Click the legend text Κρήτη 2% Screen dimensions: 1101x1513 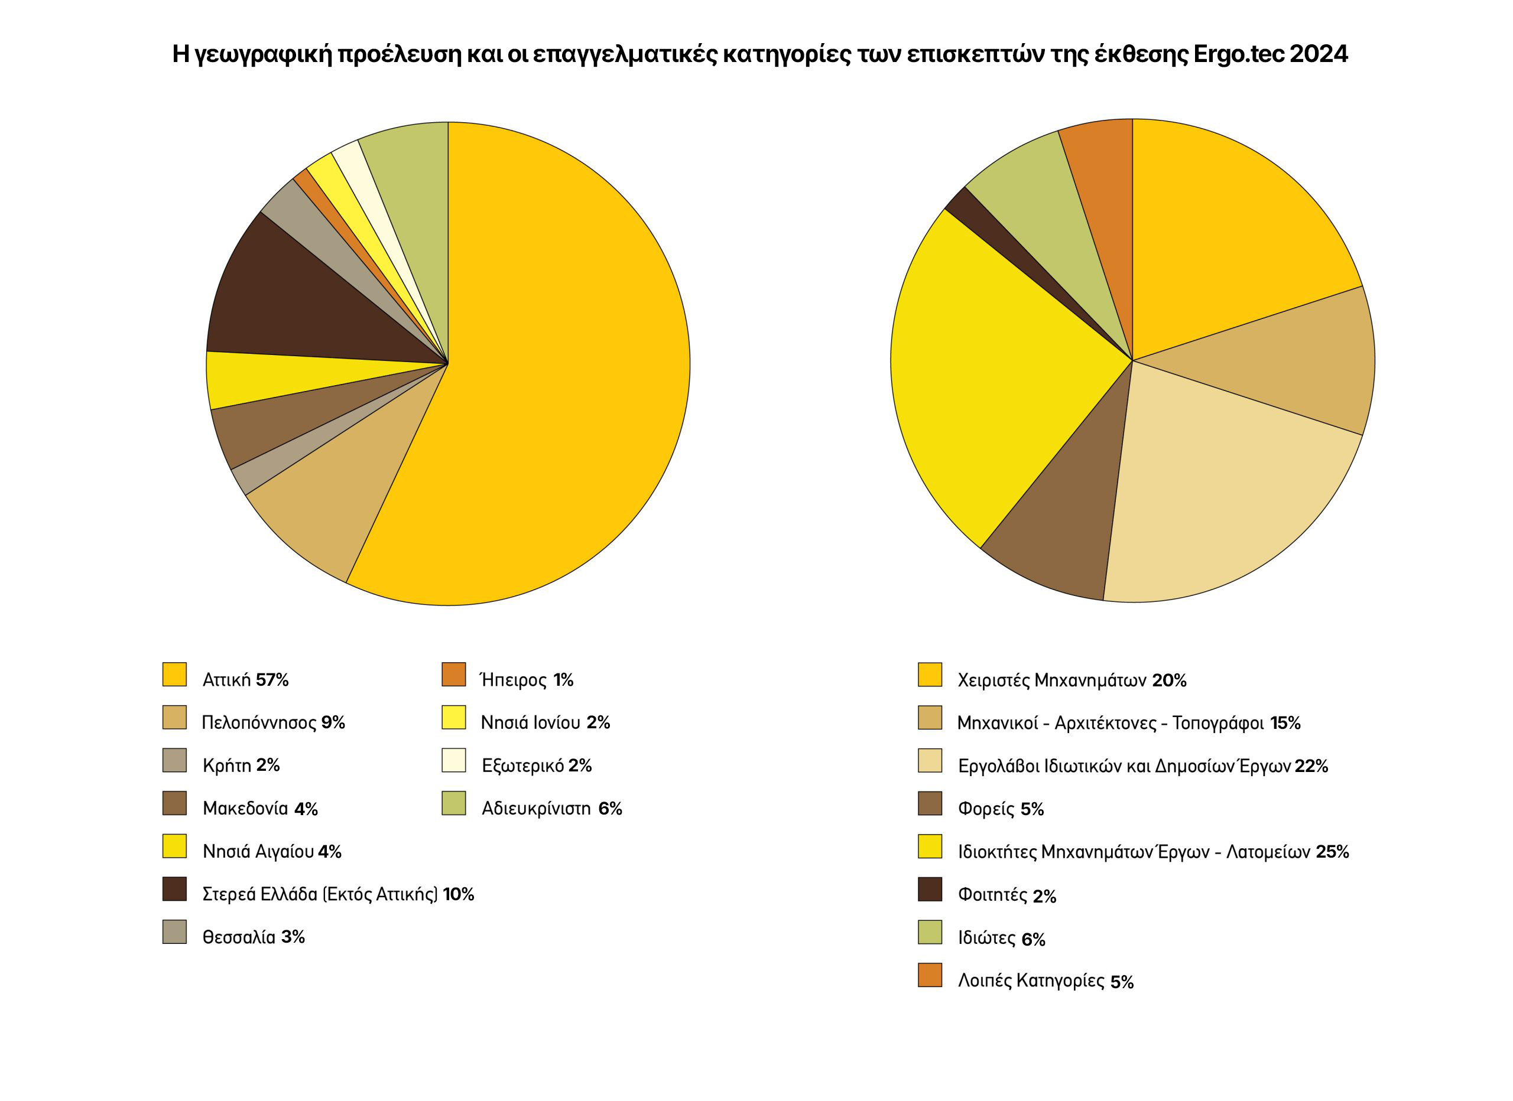(x=241, y=765)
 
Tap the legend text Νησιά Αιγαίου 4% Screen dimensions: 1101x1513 (x=271, y=851)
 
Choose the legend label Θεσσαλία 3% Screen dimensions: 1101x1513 (x=254, y=937)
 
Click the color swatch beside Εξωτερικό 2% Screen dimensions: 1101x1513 (x=454, y=760)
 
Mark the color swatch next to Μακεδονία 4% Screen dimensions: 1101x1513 (x=175, y=803)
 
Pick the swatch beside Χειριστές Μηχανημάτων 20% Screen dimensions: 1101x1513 (x=930, y=675)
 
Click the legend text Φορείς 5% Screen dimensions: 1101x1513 (x=1001, y=809)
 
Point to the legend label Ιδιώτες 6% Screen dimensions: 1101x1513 (x=1001, y=939)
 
